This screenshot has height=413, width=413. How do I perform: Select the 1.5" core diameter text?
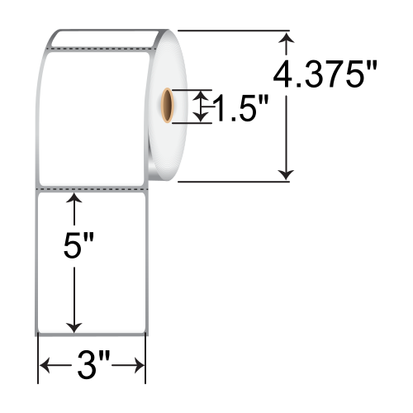(x=240, y=107)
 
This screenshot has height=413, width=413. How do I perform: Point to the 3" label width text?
(x=92, y=364)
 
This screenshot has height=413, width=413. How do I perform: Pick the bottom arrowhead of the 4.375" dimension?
(x=287, y=173)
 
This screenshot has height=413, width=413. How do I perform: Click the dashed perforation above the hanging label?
(x=91, y=189)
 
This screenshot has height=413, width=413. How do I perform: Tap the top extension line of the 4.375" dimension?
(x=231, y=31)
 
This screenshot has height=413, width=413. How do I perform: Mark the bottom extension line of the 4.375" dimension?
(x=231, y=181)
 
